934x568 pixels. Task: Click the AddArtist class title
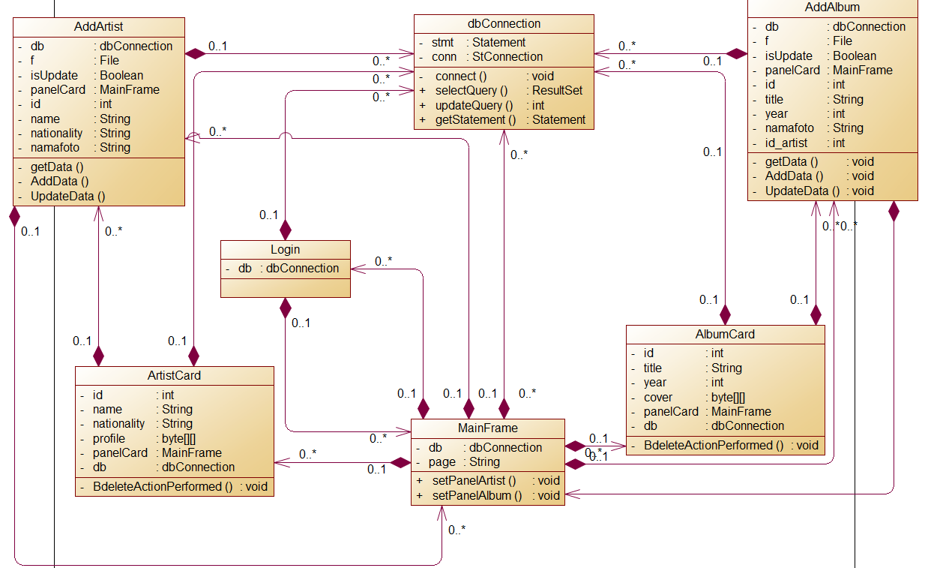[99, 27]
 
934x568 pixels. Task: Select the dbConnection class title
[504, 23]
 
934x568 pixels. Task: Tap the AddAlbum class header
[833, 8]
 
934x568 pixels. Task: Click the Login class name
[285, 249]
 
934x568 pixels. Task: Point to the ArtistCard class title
[174, 375]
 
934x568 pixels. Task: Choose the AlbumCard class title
[725, 334]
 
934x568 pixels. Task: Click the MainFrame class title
[487, 428]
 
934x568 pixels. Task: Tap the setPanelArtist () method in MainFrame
[474, 480]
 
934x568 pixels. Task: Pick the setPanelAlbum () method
[477, 495]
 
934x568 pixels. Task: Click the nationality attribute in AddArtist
[56, 133]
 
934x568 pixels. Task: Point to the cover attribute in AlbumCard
[658, 397]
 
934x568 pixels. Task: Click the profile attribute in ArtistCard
[109, 438]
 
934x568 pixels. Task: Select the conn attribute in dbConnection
[445, 56]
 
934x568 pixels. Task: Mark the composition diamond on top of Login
[285, 230]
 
